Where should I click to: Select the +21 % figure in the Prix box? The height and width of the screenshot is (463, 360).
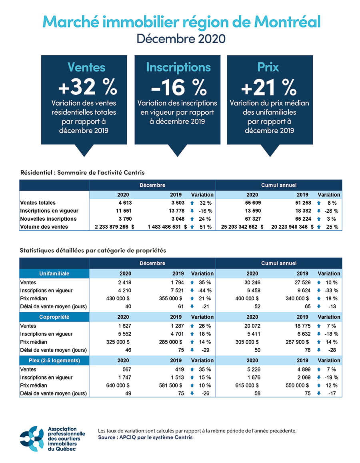(x=269, y=86)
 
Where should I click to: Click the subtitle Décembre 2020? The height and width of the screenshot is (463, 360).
(x=181, y=39)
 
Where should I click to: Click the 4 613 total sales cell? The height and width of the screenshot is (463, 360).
(x=124, y=203)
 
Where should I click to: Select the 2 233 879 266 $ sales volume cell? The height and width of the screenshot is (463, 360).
(x=114, y=227)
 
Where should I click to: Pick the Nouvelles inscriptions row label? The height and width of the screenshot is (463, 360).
(x=48, y=219)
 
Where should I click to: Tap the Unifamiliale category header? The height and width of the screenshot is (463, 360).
(x=54, y=273)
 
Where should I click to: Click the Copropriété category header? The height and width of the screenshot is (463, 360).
(x=54, y=317)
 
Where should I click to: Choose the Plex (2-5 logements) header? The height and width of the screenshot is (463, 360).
(x=54, y=360)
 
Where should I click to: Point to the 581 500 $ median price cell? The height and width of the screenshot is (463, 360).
(x=170, y=385)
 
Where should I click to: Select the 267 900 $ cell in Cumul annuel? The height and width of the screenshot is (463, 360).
(x=296, y=342)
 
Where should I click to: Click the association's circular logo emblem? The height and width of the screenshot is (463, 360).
(x=32, y=438)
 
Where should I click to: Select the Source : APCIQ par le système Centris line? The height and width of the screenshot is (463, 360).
(x=145, y=437)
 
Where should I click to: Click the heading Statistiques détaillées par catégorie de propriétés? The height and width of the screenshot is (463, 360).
(x=93, y=250)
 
